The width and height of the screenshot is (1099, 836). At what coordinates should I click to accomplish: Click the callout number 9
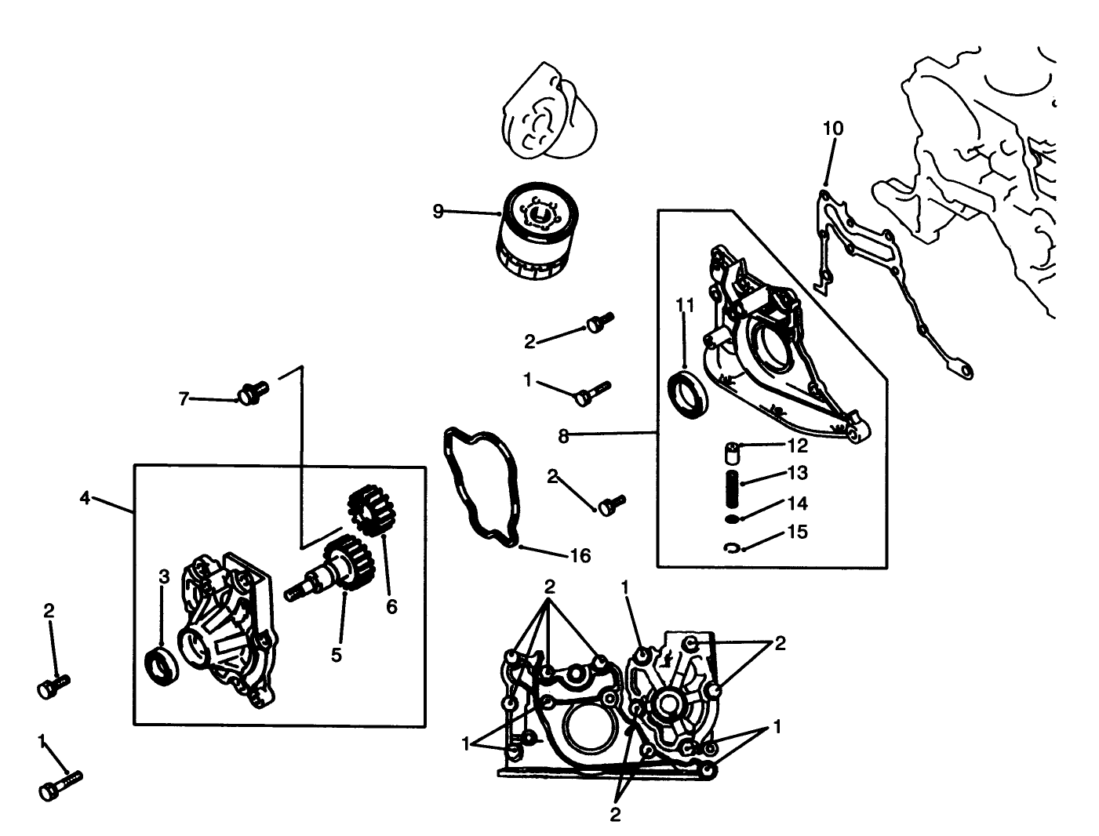coord(438,210)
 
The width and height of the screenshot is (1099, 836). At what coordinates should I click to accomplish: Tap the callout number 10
coord(833,128)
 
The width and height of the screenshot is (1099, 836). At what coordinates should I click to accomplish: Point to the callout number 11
coord(685,305)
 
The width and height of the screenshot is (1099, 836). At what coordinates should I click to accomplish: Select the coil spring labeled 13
coord(731,478)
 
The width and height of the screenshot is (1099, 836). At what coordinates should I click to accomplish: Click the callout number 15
coord(797,532)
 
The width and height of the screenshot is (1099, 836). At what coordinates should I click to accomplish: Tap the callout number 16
coord(580,556)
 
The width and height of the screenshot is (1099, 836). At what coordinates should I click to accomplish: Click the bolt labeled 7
coord(252,391)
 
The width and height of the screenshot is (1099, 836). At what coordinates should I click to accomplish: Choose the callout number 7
coord(184,399)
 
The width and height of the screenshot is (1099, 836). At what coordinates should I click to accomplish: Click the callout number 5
coord(336,655)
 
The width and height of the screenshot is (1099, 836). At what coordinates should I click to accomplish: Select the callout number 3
coord(164,577)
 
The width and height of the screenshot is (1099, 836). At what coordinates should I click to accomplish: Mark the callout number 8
coord(563,436)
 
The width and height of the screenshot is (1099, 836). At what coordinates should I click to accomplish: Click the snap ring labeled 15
coord(731,547)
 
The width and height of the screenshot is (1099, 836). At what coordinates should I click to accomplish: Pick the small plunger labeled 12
coord(731,454)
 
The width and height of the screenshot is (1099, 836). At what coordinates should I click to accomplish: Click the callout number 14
coord(797,503)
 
